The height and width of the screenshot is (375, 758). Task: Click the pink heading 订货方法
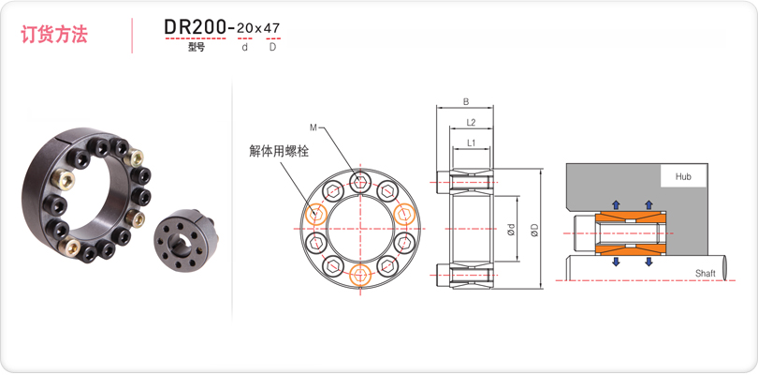53,35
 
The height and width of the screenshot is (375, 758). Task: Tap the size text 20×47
257,28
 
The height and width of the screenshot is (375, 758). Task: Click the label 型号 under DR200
197,47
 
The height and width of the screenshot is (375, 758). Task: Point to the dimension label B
465,102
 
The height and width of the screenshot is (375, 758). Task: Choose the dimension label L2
471,123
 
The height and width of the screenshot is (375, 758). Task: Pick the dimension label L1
472,142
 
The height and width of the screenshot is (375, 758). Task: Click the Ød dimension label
512,230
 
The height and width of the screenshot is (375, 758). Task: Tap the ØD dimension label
533,230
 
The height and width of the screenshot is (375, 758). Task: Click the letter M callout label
313,127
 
